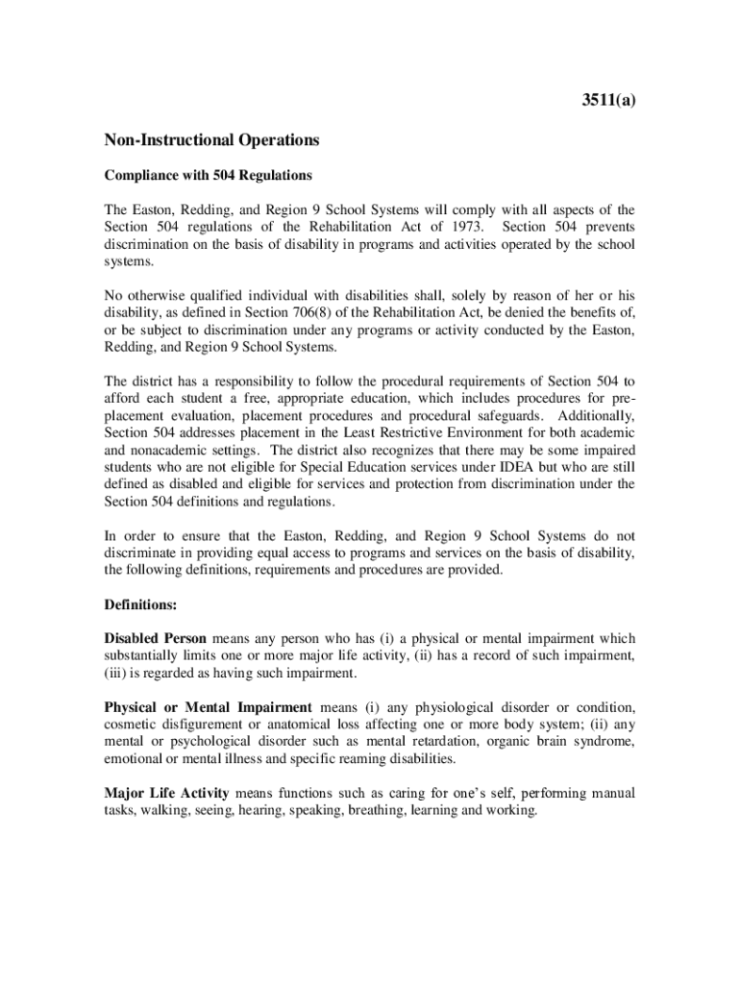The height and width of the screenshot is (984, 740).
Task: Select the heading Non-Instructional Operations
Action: click(211, 140)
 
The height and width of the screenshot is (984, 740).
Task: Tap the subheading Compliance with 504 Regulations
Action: click(209, 175)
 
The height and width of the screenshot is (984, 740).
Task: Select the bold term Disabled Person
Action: click(156, 639)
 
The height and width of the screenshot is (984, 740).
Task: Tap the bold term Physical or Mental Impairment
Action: click(209, 707)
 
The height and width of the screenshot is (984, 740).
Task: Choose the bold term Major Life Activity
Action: click(166, 794)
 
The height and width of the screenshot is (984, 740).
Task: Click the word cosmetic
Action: click(130, 725)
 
